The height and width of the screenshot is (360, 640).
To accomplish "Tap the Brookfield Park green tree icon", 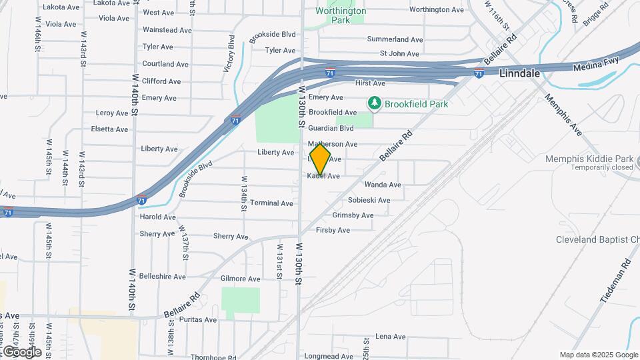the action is (x=374, y=103).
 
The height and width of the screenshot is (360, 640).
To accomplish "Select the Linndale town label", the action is (x=519, y=75).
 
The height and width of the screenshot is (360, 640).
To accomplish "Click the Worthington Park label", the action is (x=341, y=15).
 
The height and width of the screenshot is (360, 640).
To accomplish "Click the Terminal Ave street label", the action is (x=272, y=203).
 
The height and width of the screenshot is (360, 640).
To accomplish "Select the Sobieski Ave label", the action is (x=369, y=200).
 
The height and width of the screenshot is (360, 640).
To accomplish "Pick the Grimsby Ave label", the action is (x=353, y=215).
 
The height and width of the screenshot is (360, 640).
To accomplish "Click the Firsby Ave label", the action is (x=333, y=231).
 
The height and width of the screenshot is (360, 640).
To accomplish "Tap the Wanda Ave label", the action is (x=383, y=185).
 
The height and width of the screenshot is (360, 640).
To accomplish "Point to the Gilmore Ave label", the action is (x=240, y=279).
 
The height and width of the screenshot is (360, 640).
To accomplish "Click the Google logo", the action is (x=22, y=351).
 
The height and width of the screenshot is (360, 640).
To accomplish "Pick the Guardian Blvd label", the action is (x=331, y=128).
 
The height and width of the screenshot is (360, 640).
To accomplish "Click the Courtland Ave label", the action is (x=165, y=64).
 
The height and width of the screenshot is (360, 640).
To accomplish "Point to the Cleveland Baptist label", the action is (x=598, y=240).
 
